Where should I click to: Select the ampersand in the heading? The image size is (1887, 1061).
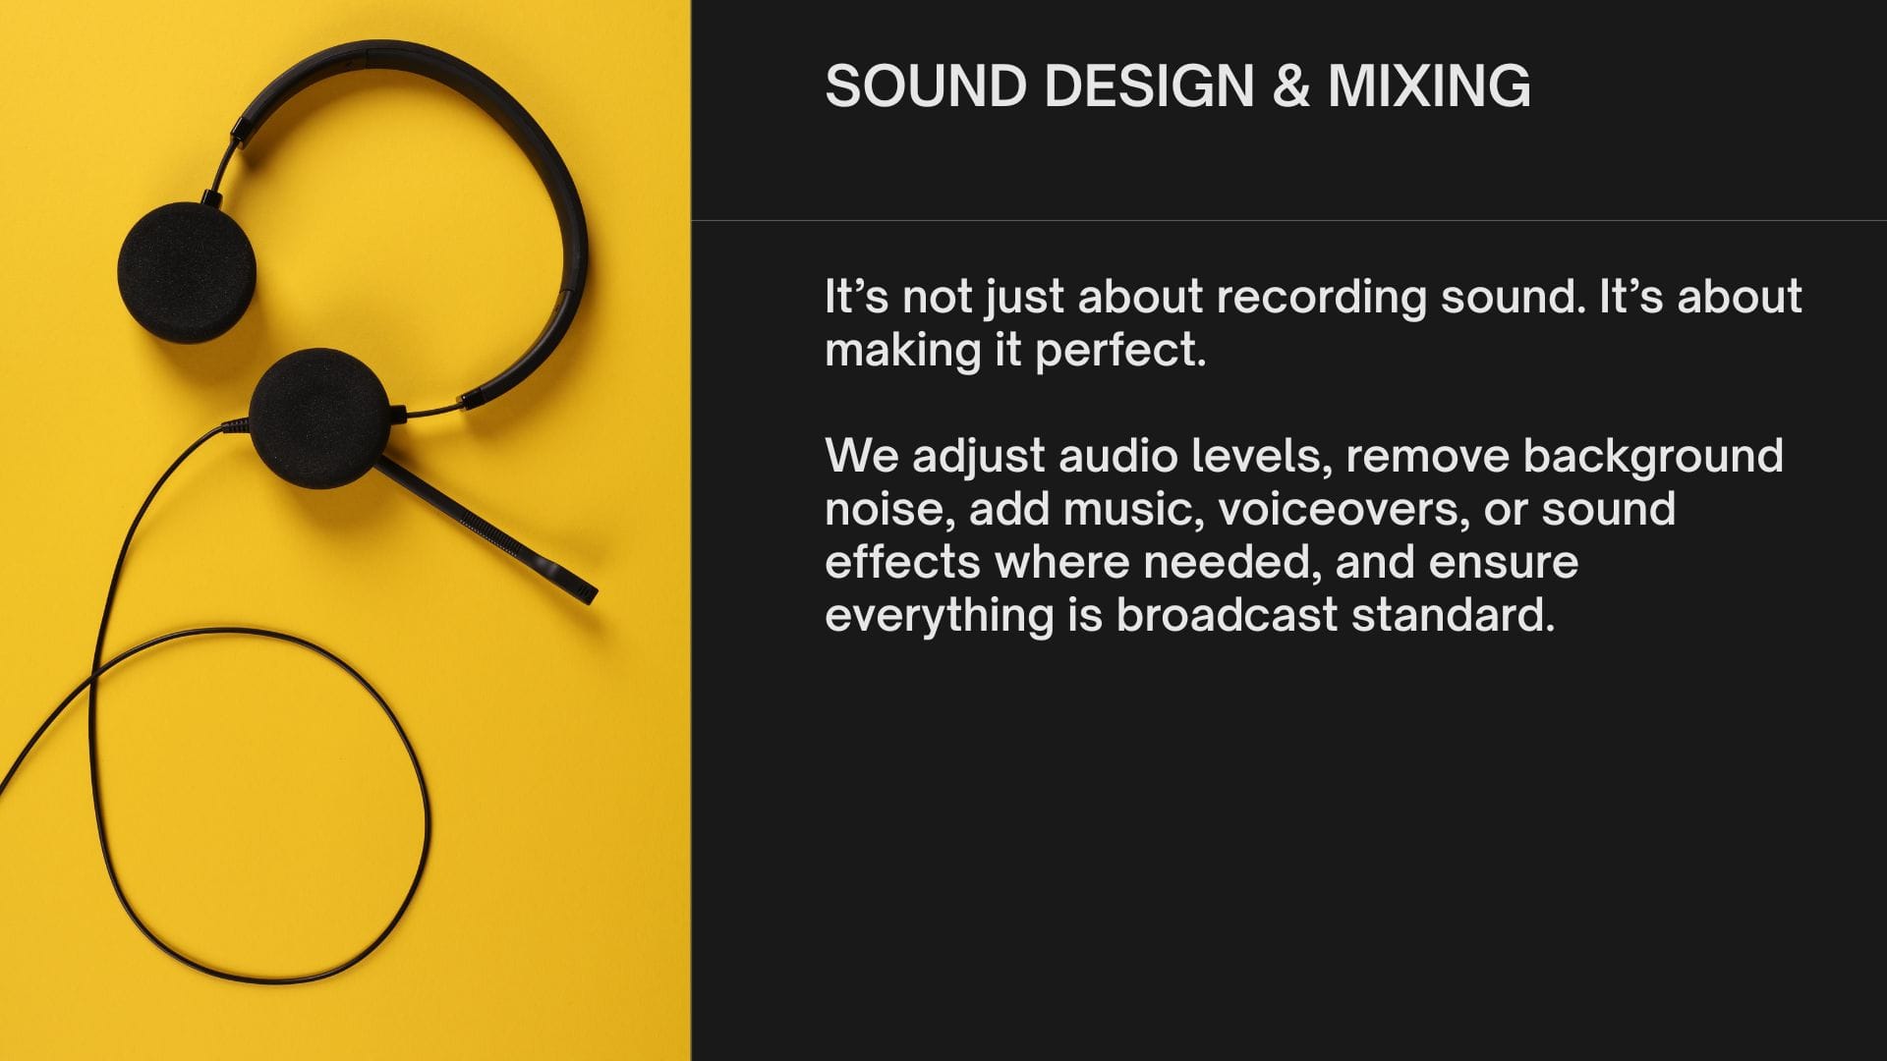tap(1291, 85)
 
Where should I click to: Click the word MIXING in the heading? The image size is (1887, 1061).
tap(1430, 85)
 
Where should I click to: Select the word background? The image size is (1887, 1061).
tap(1653, 457)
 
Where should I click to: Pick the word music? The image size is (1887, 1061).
tap(1133, 510)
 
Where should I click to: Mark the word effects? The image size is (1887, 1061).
tap(902, 562)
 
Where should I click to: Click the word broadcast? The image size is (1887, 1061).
tap(1227, 615)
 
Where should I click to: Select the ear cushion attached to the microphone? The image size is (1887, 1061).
tap(319, 419)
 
